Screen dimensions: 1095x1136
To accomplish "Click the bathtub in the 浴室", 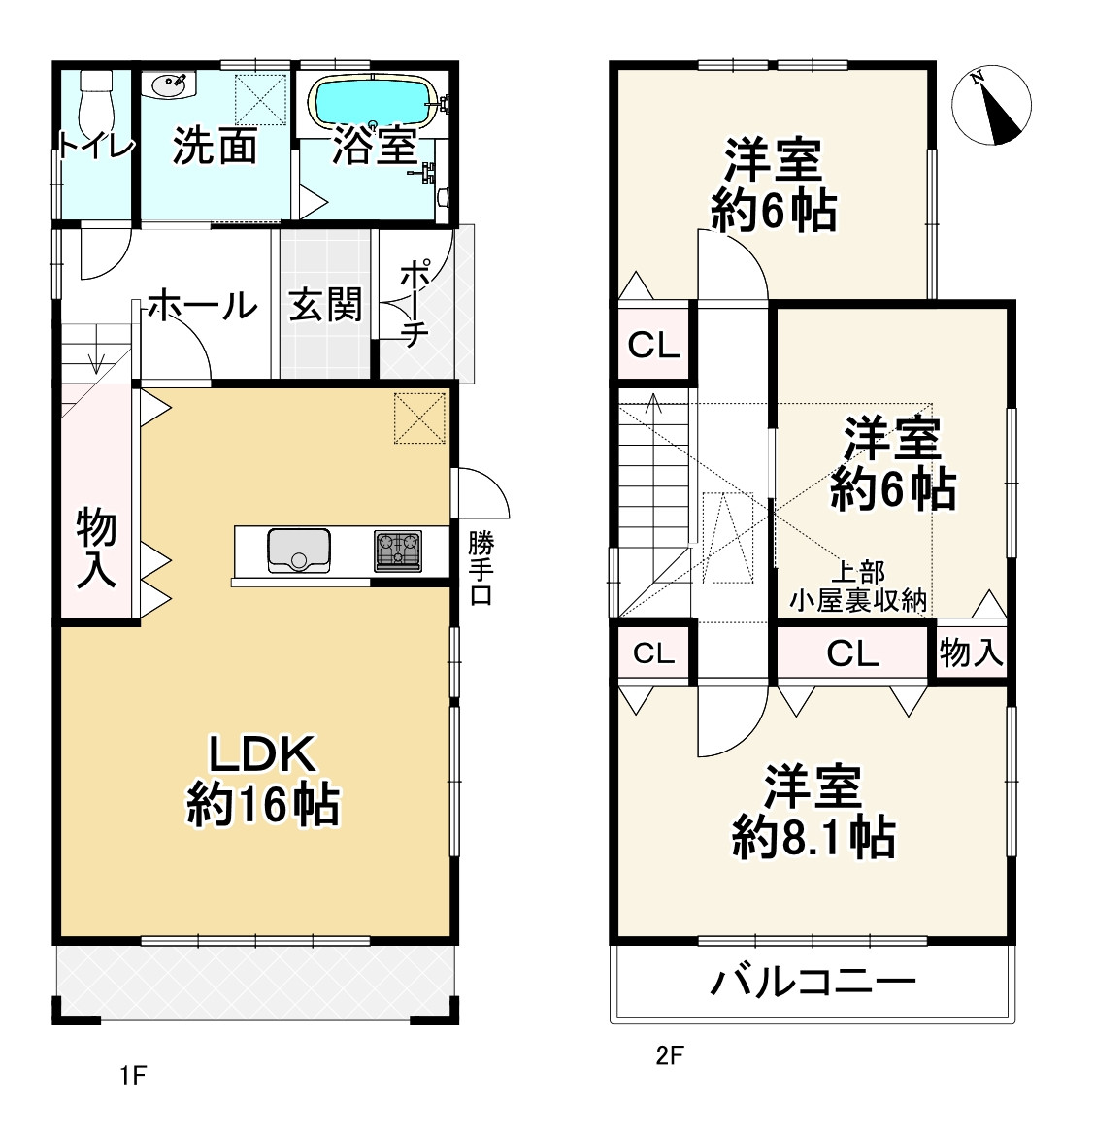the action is (x=375, y=101).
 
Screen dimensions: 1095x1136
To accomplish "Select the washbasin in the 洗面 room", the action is (x=170, y=84).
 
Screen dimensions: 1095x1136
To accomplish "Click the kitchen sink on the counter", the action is (x=298, y=551).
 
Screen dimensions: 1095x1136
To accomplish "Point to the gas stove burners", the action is (x=398, y=551).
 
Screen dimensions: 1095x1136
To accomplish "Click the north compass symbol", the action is (x=991, y=105).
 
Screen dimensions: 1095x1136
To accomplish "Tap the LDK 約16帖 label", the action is (x=263, y=780).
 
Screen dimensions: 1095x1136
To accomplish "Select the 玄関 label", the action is (x=325, y=304).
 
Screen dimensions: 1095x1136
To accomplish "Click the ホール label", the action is (x=203, y=305).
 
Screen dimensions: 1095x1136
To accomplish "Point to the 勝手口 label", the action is (x=481, y=568).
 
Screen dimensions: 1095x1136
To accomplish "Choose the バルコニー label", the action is (x=813, y=982).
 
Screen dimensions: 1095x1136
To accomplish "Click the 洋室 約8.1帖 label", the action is (x=814, y=812).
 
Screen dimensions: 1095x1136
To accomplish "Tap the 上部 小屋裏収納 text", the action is (x=858, y=586).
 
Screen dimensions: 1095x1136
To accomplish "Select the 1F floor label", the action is (x=133, y=1075).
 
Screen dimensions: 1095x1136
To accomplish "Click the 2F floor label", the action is (x=670, y=1055).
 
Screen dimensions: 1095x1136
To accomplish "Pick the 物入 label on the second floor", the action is (x=971, y=652).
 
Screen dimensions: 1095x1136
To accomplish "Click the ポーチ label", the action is (x=415, y=304).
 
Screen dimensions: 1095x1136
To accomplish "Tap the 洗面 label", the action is (x=216, y=147).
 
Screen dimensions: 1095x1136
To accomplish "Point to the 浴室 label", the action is (x=375, y=147).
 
